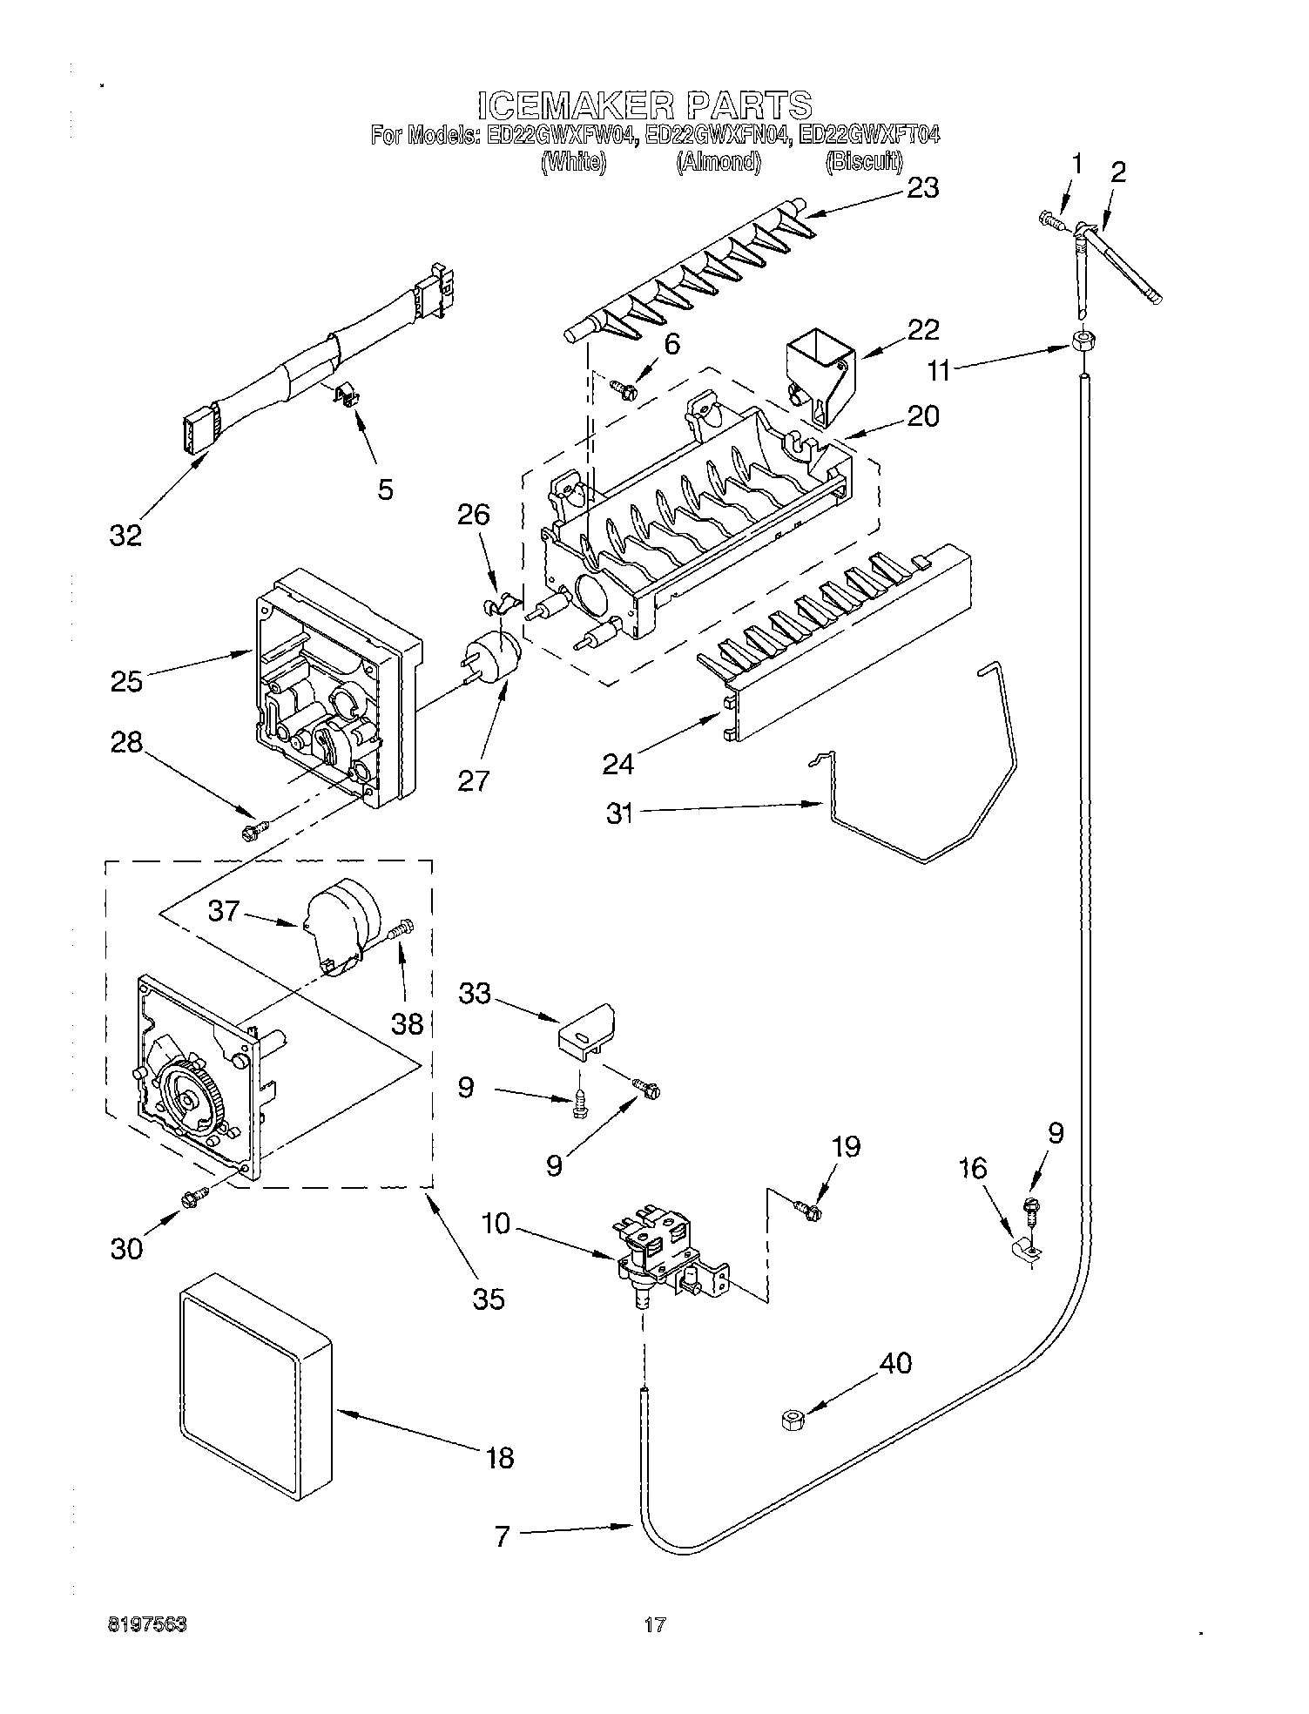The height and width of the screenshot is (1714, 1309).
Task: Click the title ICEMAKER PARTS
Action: [644, 105]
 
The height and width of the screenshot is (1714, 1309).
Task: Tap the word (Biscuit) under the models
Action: [863, 161]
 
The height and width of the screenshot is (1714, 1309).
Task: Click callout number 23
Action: [922, 187]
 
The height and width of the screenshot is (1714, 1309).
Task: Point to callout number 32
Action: [125, 535]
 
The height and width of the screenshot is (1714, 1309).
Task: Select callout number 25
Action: [126, 680]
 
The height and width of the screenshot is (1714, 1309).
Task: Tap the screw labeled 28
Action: [253, 830]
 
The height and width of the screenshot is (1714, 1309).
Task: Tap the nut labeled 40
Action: [792, 1421]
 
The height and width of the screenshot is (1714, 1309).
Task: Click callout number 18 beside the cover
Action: [500, 1456]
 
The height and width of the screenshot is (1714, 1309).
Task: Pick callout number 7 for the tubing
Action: [502, 1536]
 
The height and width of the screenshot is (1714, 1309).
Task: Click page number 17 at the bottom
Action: [655, 1624]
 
